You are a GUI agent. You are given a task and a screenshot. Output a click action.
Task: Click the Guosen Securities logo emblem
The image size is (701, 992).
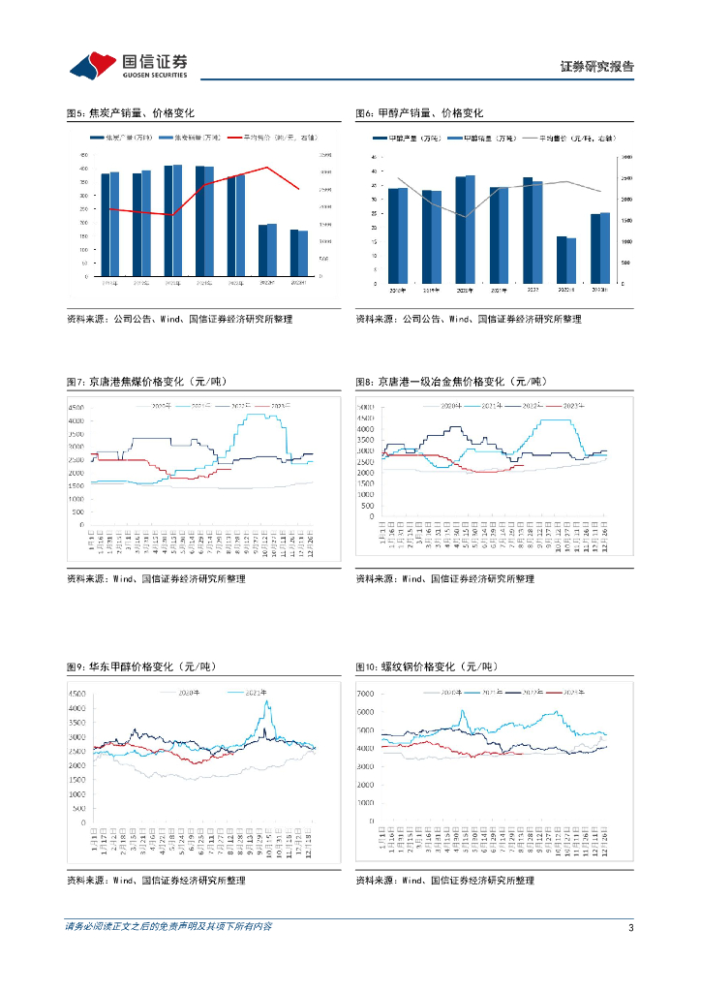93,65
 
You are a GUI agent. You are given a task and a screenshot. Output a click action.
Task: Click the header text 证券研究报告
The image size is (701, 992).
597,67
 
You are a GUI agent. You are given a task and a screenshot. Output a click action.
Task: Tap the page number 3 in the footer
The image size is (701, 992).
630,927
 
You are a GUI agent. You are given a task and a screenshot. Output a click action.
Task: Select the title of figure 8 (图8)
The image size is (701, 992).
450,382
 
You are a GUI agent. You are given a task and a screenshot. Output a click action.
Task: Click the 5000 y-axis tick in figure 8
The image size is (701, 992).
365,406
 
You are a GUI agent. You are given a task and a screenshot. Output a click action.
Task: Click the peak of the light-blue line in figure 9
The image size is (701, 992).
267,702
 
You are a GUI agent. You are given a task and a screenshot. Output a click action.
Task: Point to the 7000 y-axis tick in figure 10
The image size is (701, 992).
364,695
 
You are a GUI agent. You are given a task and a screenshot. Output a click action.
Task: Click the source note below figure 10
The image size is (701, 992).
444,881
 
